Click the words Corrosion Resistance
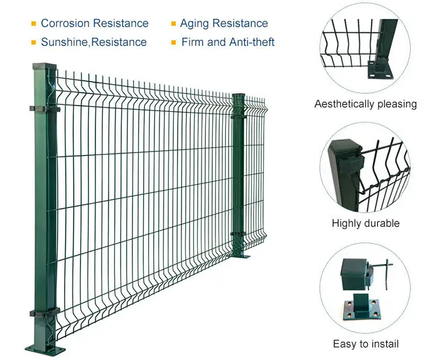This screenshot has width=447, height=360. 94,24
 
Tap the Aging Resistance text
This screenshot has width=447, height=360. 223,24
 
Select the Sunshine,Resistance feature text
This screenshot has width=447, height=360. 94,43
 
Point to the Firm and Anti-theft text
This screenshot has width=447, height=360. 228,43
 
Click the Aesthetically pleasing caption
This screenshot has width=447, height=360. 365,104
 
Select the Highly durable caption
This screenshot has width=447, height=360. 365,223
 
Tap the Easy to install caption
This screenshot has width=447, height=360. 365,344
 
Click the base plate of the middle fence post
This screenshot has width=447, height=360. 240,254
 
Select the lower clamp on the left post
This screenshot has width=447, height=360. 44,312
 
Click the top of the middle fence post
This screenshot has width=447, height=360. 239,96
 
